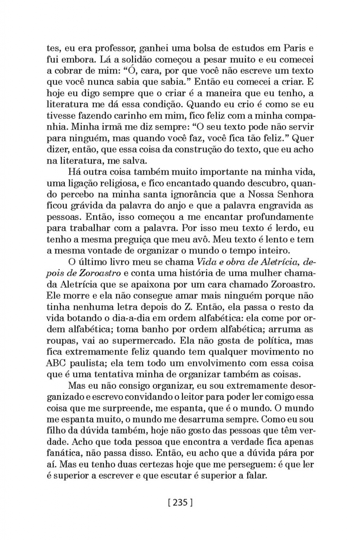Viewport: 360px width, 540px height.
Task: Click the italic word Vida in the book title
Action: pyautogui.click(x=196, y=262)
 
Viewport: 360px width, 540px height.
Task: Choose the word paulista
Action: pyautogui.click(x=88, y=363)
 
